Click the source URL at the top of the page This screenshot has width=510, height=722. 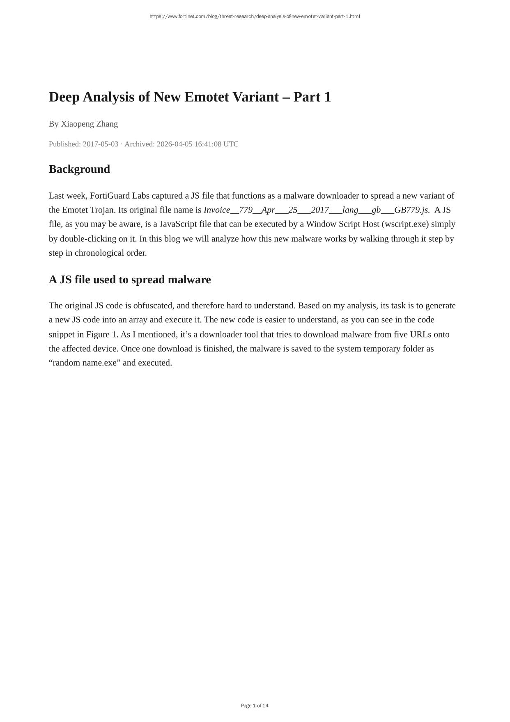[255, 16]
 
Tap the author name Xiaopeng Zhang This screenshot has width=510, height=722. [89, 124]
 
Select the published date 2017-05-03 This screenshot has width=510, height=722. [100, 144]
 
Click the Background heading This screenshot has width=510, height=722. [79, 169]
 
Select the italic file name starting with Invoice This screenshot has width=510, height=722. [317, 210]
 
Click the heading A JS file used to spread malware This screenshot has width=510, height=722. [130, 280]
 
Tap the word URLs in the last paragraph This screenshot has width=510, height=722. [420, 334]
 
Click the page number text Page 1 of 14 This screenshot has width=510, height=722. [255, 706]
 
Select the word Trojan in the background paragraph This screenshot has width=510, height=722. [103, 210]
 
